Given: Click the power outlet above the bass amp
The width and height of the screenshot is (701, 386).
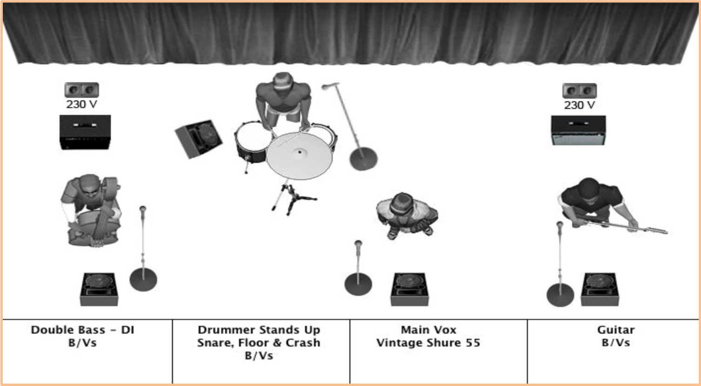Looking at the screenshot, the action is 82,90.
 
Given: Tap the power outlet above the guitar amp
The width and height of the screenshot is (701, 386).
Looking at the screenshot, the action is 579,91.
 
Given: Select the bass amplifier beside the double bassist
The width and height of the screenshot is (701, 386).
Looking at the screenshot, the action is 85,132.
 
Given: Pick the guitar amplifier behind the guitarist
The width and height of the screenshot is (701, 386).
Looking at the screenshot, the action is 578,130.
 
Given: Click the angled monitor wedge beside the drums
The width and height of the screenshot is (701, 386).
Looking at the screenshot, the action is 199,139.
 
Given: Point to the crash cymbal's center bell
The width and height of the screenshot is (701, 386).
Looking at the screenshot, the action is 300,152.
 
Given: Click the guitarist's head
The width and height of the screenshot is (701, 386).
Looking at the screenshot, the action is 589,189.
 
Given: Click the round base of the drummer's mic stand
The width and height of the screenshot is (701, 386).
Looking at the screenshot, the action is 363,159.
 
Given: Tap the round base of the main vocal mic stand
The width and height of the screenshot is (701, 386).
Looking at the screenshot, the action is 358,284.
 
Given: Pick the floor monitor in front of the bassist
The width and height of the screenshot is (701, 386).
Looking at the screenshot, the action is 99,289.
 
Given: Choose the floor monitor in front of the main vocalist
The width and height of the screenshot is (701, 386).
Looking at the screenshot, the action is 409,289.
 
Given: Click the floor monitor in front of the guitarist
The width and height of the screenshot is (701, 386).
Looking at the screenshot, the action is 600,289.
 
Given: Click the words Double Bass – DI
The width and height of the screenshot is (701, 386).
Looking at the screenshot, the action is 83,330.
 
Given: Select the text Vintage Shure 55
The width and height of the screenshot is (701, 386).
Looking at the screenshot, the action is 428,343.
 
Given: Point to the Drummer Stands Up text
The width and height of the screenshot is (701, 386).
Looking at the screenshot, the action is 259,330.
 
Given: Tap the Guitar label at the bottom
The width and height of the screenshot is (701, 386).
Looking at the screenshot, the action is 615,330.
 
